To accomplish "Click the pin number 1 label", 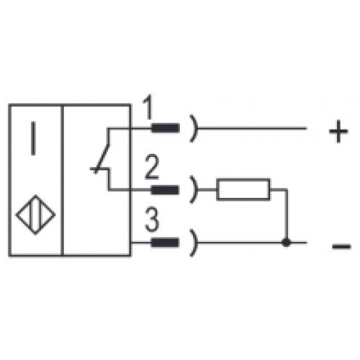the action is (x=148, y=107).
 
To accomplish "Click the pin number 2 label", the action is (x=152, y=167).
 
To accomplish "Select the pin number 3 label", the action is (x=152, y=220).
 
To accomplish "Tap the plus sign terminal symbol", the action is (x=338, y=131).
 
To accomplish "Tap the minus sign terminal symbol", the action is (x=341, y=246).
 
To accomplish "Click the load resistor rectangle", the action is (x=243, y=189).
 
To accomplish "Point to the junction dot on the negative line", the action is (x=286, y=243).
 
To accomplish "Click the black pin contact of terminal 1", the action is (x=165, y=128).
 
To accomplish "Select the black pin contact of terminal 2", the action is (x=165, y=190).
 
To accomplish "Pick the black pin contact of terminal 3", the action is (x=165, y=243).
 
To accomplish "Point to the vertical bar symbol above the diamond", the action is (x=33, y=138).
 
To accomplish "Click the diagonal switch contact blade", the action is (x=103, y=158).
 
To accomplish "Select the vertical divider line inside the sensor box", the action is (x=63, y=180).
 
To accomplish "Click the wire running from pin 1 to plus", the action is (x=252, y=128).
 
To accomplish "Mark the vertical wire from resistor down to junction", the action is (x=286, y=216).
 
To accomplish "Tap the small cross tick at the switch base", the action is (x=96, y=169).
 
